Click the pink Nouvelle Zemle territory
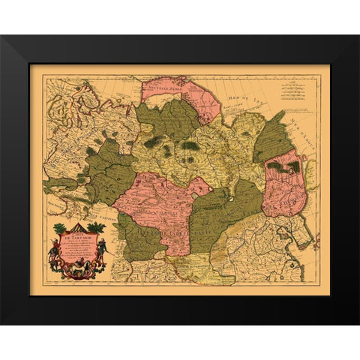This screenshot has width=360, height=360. (x=180, y=94)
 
